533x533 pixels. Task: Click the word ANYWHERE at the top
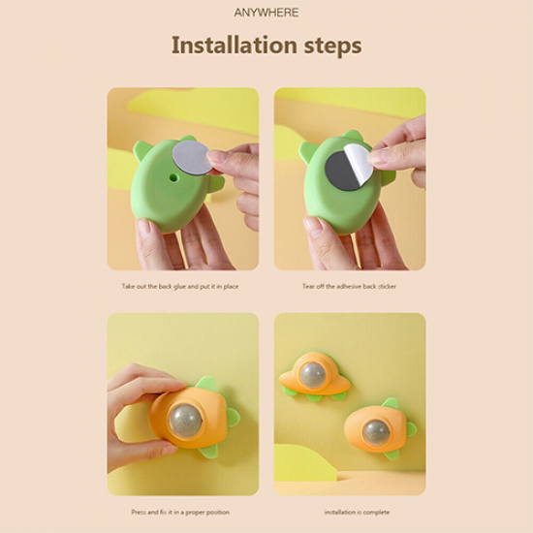coord(266,13)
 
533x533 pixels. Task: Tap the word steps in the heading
coord(332,47)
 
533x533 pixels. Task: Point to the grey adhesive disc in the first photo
coord(190,157)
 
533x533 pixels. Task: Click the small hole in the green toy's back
coord(173,177)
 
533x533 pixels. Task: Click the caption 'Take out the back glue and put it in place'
coord(180,286)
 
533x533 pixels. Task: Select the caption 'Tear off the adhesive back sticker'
coord(350,286)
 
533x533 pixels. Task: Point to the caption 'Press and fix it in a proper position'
coord(180,512)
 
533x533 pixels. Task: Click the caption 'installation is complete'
coord(357,512)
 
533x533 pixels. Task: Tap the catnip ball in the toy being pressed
coord(185,421)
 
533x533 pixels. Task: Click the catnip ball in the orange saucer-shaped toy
coord(313,375)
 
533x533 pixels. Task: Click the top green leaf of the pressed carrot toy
coord(206,383)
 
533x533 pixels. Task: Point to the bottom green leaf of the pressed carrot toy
coord(208,451)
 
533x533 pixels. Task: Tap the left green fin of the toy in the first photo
coord(141,150)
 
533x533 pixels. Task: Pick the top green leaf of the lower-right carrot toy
coord(391,403)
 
